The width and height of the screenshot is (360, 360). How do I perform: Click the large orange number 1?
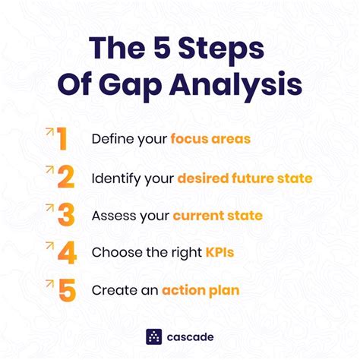[x=62, y=140]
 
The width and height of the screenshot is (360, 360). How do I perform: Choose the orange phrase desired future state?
[x=245, y=178]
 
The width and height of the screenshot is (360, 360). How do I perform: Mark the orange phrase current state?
[x=217, y=216]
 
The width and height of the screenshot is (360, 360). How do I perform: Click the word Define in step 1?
[x=111, y=140]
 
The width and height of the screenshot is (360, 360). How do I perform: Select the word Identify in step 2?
[x=114, y=178]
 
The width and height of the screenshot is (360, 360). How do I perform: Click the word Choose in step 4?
[x=115, y=253]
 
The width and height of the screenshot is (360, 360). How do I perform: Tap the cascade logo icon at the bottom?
[x=154, y=336]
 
